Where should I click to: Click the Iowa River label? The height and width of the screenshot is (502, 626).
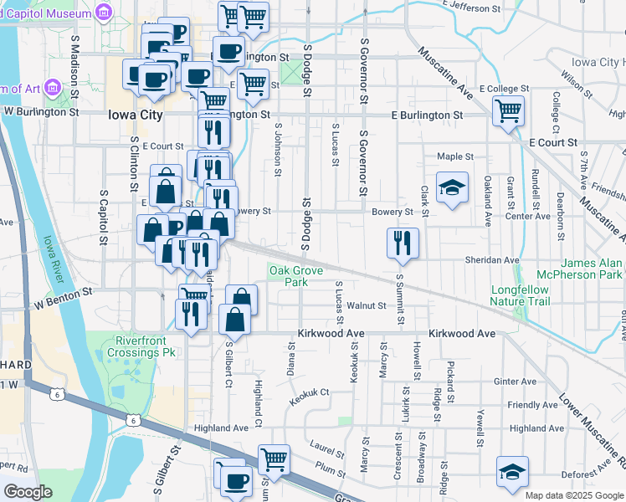coord(53,252)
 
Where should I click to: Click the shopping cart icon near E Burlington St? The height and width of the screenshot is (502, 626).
coord(508,110)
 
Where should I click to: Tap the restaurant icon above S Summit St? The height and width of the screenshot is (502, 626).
coord(403,243)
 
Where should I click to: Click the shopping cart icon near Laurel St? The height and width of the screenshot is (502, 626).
coord(273,458)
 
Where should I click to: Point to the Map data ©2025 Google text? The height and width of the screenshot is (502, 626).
coord(574,495)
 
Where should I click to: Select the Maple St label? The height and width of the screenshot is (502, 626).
coord(455,156)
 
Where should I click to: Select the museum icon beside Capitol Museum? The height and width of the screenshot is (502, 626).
coord(104,13)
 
